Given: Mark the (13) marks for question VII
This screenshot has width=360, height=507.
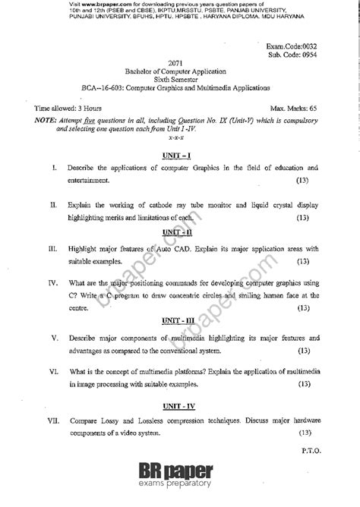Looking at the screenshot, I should [304, 433].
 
